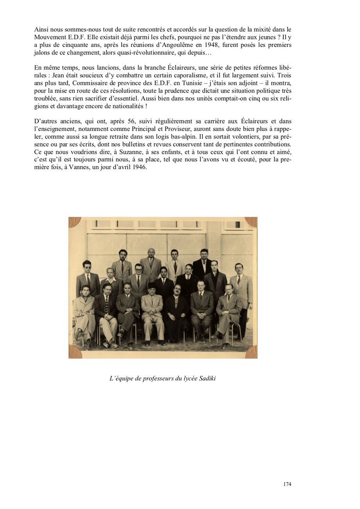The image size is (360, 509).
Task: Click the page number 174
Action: pyautogui.click(x=287, y=484)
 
